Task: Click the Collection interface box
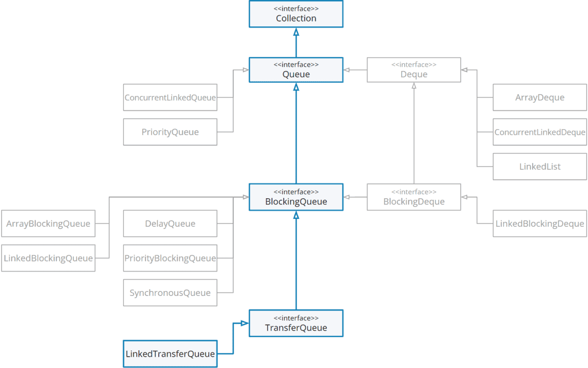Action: point(296,14)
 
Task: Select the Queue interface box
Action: point(296,70)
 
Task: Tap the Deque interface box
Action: point(414,70)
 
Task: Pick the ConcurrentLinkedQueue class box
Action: point(170,98)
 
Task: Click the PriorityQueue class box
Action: point(170,132)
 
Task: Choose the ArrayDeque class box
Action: point(539,98)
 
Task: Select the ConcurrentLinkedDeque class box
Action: point(539,132)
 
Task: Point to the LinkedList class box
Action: point(539,166)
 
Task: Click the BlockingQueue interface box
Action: point(296,197)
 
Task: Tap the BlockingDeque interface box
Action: point(414,197)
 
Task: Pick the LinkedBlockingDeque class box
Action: point(539,224)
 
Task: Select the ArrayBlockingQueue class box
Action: point(48,224)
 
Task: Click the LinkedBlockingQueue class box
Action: point(48,258)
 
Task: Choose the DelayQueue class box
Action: point(170,224)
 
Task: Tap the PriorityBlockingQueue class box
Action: point(170,258)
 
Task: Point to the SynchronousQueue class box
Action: point(170,293)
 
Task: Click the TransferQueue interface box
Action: point(296,323)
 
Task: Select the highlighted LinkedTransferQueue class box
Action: point(170,354)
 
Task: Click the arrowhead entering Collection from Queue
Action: point(296,31)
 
